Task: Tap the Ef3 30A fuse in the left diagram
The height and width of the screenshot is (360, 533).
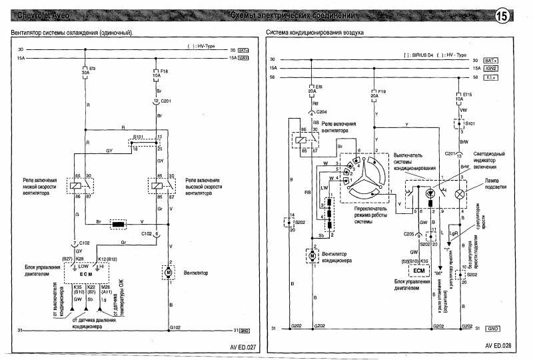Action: click(83, 71)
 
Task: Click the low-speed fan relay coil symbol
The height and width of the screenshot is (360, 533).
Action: click(75, 185)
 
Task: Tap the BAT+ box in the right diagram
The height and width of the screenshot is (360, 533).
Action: click(492, 60)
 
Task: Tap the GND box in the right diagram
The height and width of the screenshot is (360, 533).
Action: click(492, 329)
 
